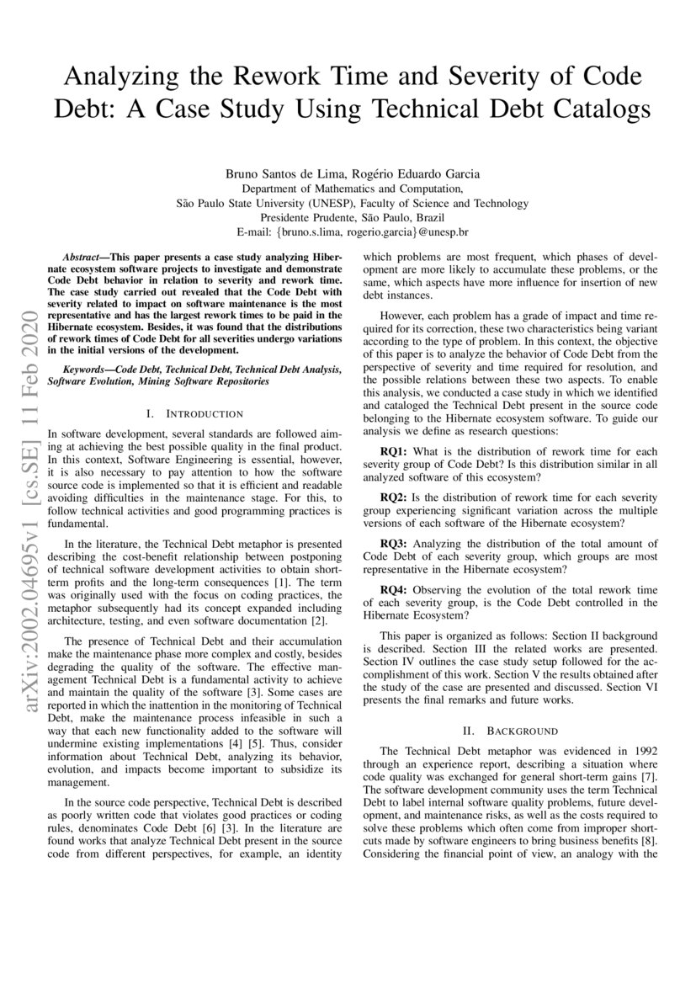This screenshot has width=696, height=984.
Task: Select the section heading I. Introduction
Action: click(194, 413)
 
